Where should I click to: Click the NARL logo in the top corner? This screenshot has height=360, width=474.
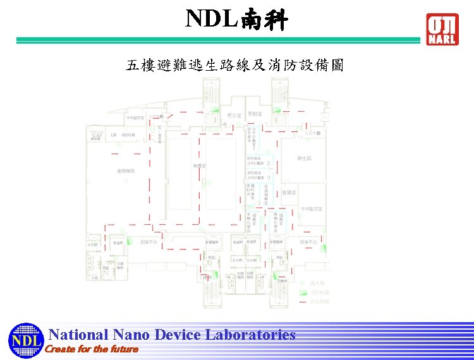[x=442, y=28]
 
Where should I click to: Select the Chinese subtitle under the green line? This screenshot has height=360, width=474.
[x=235, y=66]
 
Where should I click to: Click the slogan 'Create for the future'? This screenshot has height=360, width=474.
[x=92, y=349]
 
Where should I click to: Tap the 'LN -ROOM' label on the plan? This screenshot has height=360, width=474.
[x=123, y=135]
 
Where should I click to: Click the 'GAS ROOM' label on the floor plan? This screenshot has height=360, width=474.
[x=96, y=136]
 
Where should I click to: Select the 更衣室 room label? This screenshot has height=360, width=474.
[x=234, y=116]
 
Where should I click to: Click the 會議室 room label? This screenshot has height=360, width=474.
[x=290, y=192]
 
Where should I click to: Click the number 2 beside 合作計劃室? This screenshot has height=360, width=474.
[x=269, y=163]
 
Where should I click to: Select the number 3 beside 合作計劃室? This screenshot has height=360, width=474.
[x=269, y=178]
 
